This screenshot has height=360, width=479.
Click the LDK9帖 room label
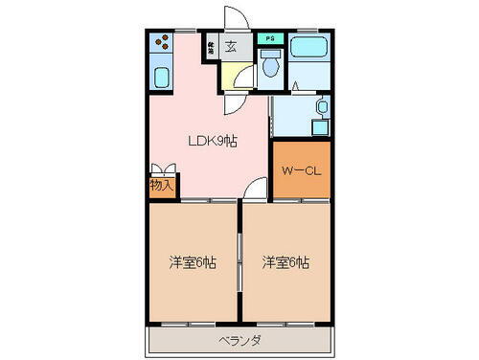point(212,141)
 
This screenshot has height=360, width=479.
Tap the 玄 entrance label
point(233,44)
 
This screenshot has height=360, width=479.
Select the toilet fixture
point(271,65)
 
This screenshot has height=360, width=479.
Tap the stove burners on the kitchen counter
point(161,43)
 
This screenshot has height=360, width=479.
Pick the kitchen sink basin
point(161,78)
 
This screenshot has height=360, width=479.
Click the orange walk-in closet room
point(299,170)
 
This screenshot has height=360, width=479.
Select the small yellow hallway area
point(233,77)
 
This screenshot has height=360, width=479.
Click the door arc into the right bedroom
point(250,191)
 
